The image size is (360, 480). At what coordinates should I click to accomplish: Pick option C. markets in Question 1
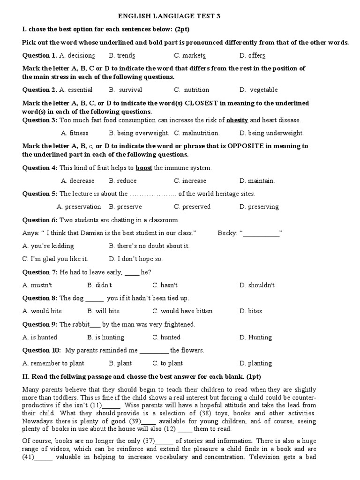(190, 55)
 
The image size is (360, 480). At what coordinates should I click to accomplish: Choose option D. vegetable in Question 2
(258, 90)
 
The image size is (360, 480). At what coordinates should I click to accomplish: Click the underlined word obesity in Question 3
(237, 120)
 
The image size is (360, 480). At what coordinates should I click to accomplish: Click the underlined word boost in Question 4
(144, 168)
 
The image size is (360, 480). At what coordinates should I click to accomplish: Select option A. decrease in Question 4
(77, 180)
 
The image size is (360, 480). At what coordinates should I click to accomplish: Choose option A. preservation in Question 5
(79, 207)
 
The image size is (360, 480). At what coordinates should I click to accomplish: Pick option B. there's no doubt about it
(149, 246)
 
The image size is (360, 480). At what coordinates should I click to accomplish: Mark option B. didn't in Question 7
(99, 285)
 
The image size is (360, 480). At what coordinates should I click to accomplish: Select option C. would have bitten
(182, 311)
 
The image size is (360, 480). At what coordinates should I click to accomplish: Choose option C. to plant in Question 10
(167, 363)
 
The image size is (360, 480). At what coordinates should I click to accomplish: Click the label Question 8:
(39, 298)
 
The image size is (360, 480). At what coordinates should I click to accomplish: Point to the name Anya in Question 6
(30, 233)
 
